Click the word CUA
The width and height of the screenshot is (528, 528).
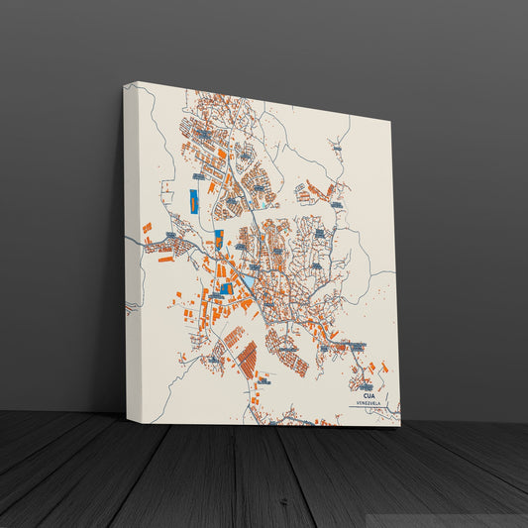coord(370,396)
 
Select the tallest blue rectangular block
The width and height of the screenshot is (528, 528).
coord(194,200)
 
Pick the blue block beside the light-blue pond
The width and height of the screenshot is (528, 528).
coord(227,287)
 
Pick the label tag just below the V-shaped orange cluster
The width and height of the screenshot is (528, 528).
coord(337,205)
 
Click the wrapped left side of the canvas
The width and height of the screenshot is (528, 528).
coord(132,248)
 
